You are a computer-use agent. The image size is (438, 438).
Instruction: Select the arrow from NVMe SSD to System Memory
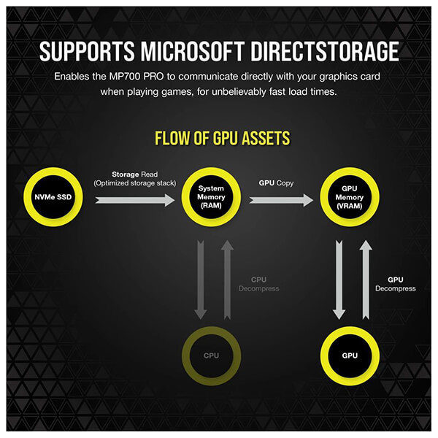(135, 200)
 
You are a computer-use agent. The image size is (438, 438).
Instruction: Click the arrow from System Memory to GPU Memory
(281, 200)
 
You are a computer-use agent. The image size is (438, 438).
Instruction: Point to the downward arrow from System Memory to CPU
(201, 280)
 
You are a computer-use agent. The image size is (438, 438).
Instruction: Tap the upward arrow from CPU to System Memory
(227, 280)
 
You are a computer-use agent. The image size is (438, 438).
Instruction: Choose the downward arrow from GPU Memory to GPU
(339, 280)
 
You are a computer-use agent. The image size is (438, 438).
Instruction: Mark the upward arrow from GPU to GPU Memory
(366, 280)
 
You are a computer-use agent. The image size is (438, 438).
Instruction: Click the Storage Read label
(135, 174)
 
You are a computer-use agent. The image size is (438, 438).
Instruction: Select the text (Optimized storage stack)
(135, 183)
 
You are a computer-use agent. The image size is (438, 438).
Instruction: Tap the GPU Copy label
(276, 183)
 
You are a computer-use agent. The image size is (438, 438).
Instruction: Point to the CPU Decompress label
(259, 284)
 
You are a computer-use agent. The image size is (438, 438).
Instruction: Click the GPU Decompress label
(396, 284)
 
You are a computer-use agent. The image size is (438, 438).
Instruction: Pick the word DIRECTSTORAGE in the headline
(325, 52)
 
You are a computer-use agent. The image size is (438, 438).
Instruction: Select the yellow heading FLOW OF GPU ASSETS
(223, 138)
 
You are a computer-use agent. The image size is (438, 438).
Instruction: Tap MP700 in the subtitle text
(125, 77)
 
